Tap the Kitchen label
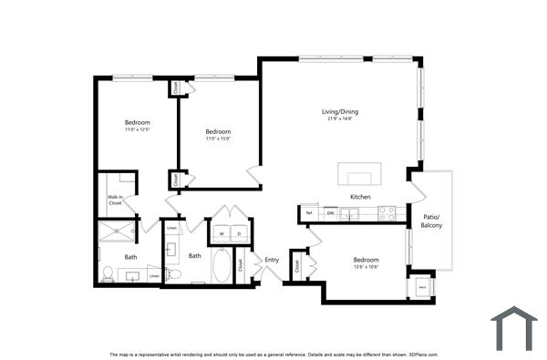tap(360, 197)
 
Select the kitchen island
tap(358, 173)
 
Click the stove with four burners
tap(387, 213)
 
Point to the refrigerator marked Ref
tap(309, 213)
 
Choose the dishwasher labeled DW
tap(331, 213)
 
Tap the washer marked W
tap(221, 233)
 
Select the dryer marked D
tap(239, 233)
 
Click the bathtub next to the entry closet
tap(222, 267)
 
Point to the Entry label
tap(272, 261)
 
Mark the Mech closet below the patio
tap(422, 285)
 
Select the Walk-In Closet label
tap(116, 201)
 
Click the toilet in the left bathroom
tap(108, 273)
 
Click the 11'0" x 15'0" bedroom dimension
tap(218, 139)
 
